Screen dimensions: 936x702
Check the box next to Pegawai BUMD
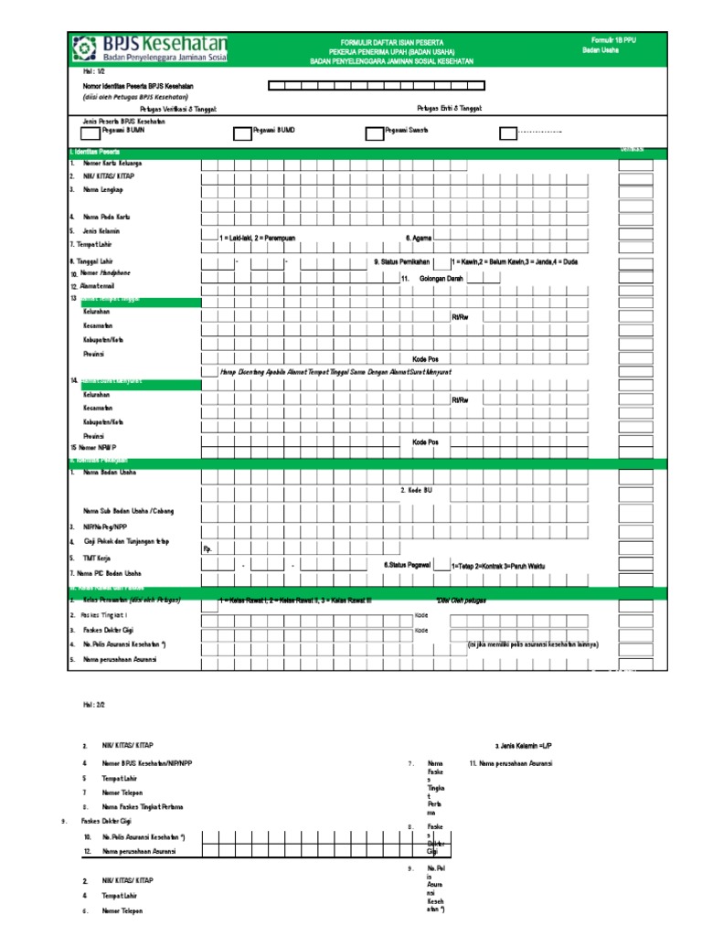coord(241,134)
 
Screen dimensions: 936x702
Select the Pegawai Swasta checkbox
coord(373,134)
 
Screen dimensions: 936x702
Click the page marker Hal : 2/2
coord(94,705)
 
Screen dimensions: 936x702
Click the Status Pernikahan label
coord(401,261)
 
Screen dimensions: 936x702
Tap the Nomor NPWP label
coord(99,449)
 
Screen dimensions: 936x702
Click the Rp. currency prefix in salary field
coord(207,549)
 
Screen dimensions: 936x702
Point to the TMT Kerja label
coord(98,557)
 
